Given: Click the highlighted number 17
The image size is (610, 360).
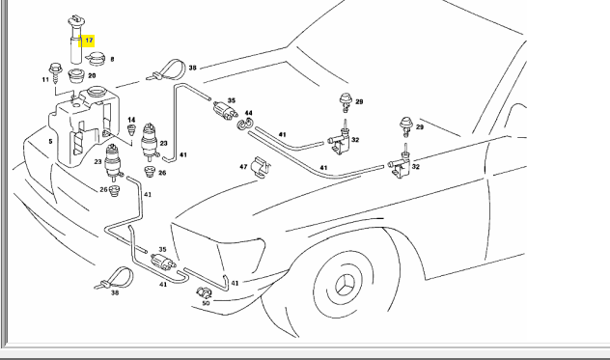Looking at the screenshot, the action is [x=89, y=41].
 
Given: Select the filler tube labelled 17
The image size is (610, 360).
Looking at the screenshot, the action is [x=76, y=40].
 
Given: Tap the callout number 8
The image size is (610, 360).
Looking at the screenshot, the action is [x=112, y=59].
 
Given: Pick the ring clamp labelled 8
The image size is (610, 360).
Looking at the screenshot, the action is [x=96, y=58].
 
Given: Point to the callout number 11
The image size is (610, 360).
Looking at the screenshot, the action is [x=45, y=79].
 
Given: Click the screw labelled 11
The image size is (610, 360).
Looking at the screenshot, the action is [x=54, y=73].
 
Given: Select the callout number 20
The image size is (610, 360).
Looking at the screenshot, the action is [x=92, y=75].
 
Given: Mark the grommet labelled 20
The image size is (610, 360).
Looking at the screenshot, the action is [x=76, y=75].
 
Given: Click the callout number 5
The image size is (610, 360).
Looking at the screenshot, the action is [x=50, y=141].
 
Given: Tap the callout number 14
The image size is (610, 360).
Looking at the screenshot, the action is [x=131, y=120].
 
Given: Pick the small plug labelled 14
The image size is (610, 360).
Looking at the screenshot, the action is [x=132, y=129].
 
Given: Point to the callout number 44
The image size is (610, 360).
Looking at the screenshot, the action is [x=249, y=113].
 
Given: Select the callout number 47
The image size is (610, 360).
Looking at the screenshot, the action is [x=243, y=167].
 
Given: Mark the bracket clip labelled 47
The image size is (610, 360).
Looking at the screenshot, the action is [x=260, y=168].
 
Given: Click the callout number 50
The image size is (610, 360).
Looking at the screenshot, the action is [x=206, y=303].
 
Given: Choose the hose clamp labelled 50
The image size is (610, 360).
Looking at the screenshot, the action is [x=204, y=292].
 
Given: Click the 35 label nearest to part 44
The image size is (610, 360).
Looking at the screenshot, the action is [x=232, y=100].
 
